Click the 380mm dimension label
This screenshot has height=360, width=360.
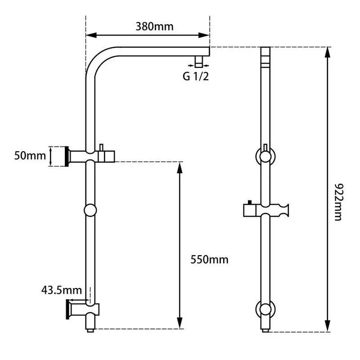(x=154, y=26)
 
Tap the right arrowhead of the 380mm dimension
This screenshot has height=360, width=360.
(x=207, y=35)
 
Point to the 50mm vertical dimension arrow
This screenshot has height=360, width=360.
(x=50, y=156)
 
